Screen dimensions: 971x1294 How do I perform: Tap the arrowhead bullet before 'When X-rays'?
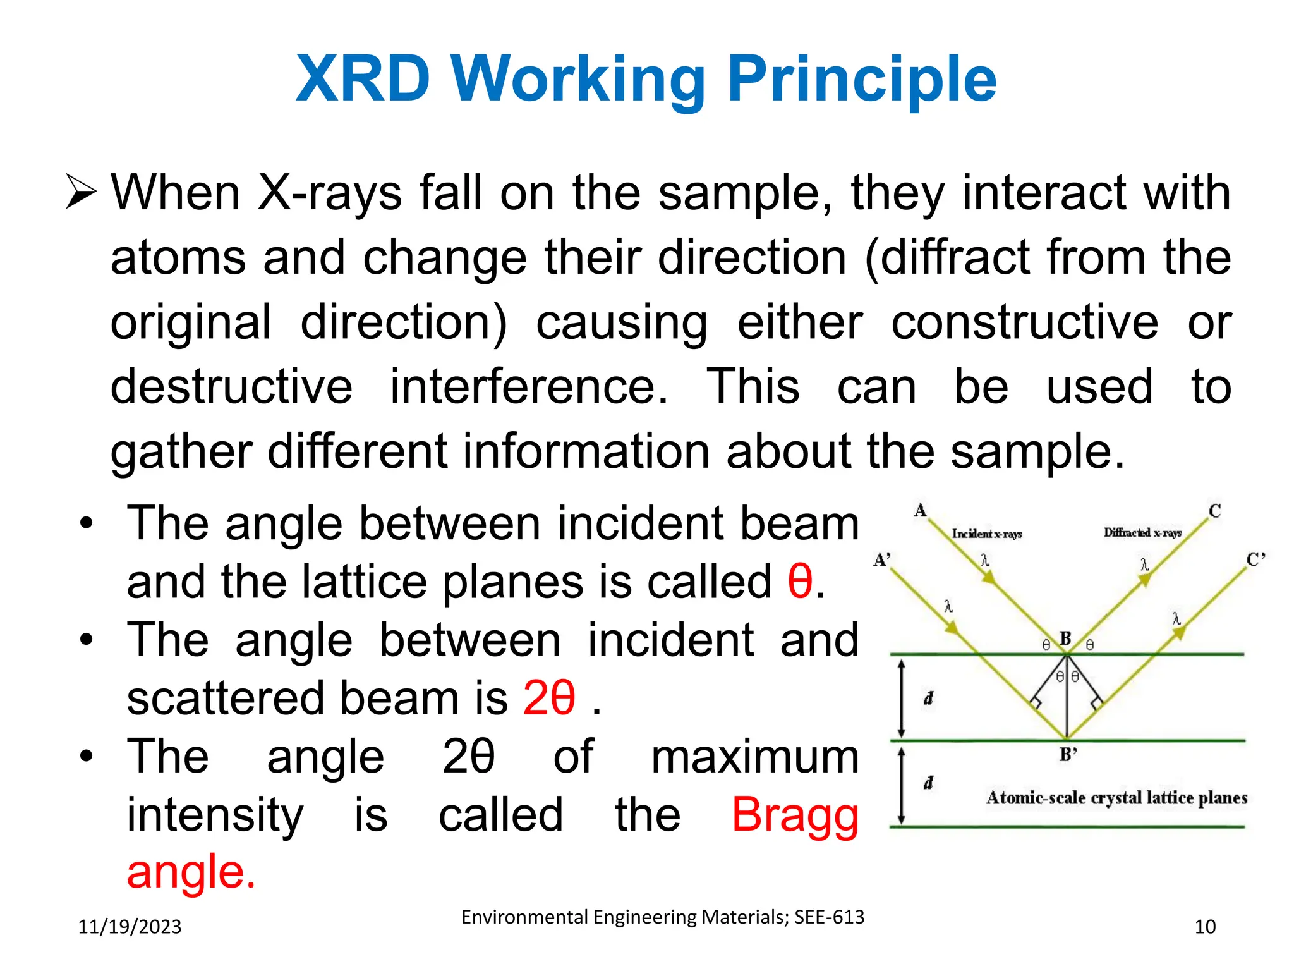coord(81,193)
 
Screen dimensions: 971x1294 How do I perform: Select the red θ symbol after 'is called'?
coord(800,581)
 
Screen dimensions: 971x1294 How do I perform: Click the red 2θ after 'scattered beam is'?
coord(549,697)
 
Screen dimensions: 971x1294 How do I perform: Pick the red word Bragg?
coord(795,814)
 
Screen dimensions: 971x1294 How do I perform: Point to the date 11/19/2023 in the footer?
coord(130,927)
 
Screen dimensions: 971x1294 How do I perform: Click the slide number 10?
coord(1205,927)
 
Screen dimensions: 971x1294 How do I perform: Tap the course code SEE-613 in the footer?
coord(829,917)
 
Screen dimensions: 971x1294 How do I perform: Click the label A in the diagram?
coord(920,510)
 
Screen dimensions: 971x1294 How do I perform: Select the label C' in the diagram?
coord(1255,559)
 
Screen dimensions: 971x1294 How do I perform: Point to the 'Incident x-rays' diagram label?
coord(986,534)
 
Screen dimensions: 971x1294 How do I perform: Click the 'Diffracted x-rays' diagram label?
coord(1142,533)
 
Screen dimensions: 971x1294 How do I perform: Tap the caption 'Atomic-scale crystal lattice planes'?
coord(1116,798)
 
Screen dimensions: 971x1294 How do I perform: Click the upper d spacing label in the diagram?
coord(928,699)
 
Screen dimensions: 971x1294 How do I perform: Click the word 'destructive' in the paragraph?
coord(231,387)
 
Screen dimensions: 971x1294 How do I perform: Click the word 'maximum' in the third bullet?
coord(754,757)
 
